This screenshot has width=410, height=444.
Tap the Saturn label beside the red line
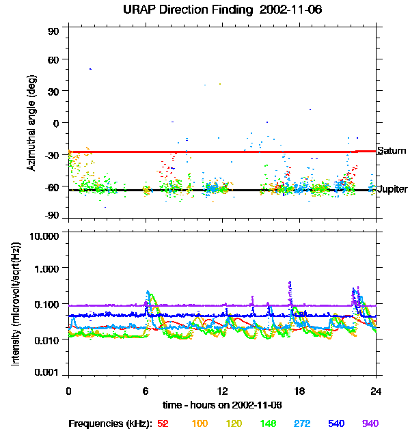coord(392,150)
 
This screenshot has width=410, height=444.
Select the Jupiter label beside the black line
coord(392,189)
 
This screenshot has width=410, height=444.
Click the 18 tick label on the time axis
coord(299,391)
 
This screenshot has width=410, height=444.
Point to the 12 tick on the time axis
coord(222,391)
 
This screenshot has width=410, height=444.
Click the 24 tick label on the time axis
coord(376,391)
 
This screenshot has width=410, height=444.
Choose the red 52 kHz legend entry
coord(163,424)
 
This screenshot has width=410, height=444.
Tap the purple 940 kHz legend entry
coord(370,424)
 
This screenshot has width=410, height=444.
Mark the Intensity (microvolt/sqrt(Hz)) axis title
coord(17,304)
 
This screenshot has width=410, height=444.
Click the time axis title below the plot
coord(222,405)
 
